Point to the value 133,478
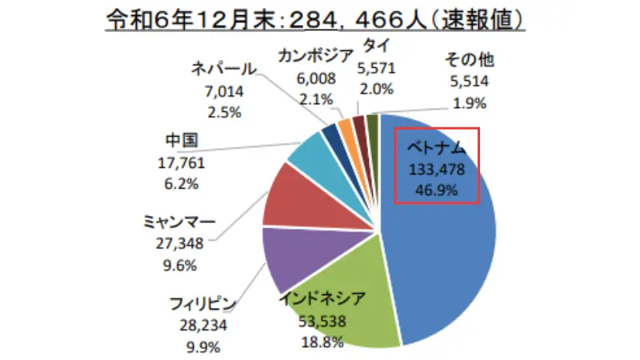[x=437, y=170]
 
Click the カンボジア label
[x=316, y=56]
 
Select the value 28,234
[x=203, y=326]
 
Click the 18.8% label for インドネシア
[x=322, y=342]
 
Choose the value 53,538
[x=323, y=323]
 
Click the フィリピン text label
[x=202, y=305]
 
